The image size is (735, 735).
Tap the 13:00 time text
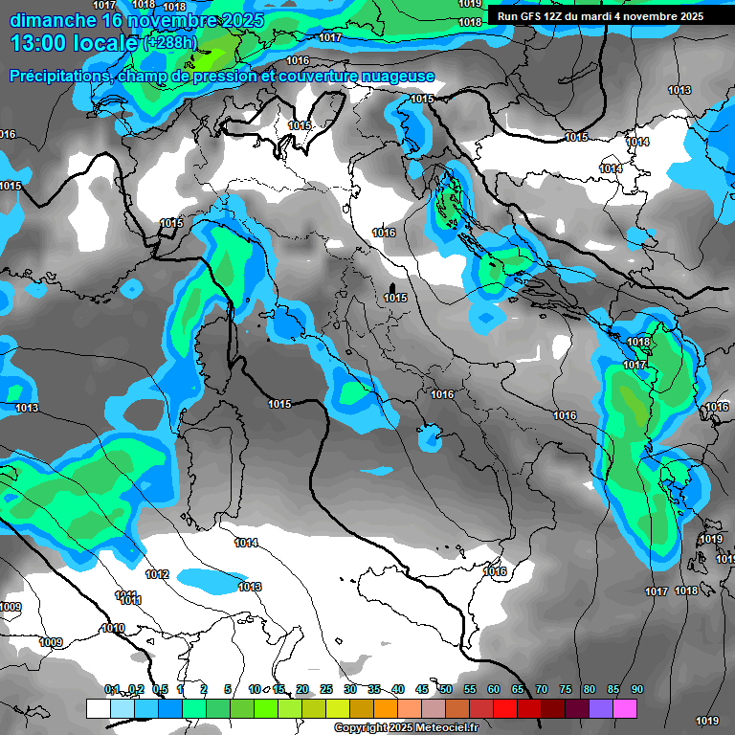pos(40,43)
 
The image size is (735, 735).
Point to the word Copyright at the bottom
pos(362,728)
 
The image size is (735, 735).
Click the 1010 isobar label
pos(112,628)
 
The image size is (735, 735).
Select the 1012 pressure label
pos(157,574)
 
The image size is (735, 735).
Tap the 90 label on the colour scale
pos(637,689)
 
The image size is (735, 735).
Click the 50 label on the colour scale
pos(446,689)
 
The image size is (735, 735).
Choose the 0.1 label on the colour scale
pos(112,689)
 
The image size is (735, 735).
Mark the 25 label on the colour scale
pos(326,689)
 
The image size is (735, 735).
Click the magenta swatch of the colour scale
pos(626,708)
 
